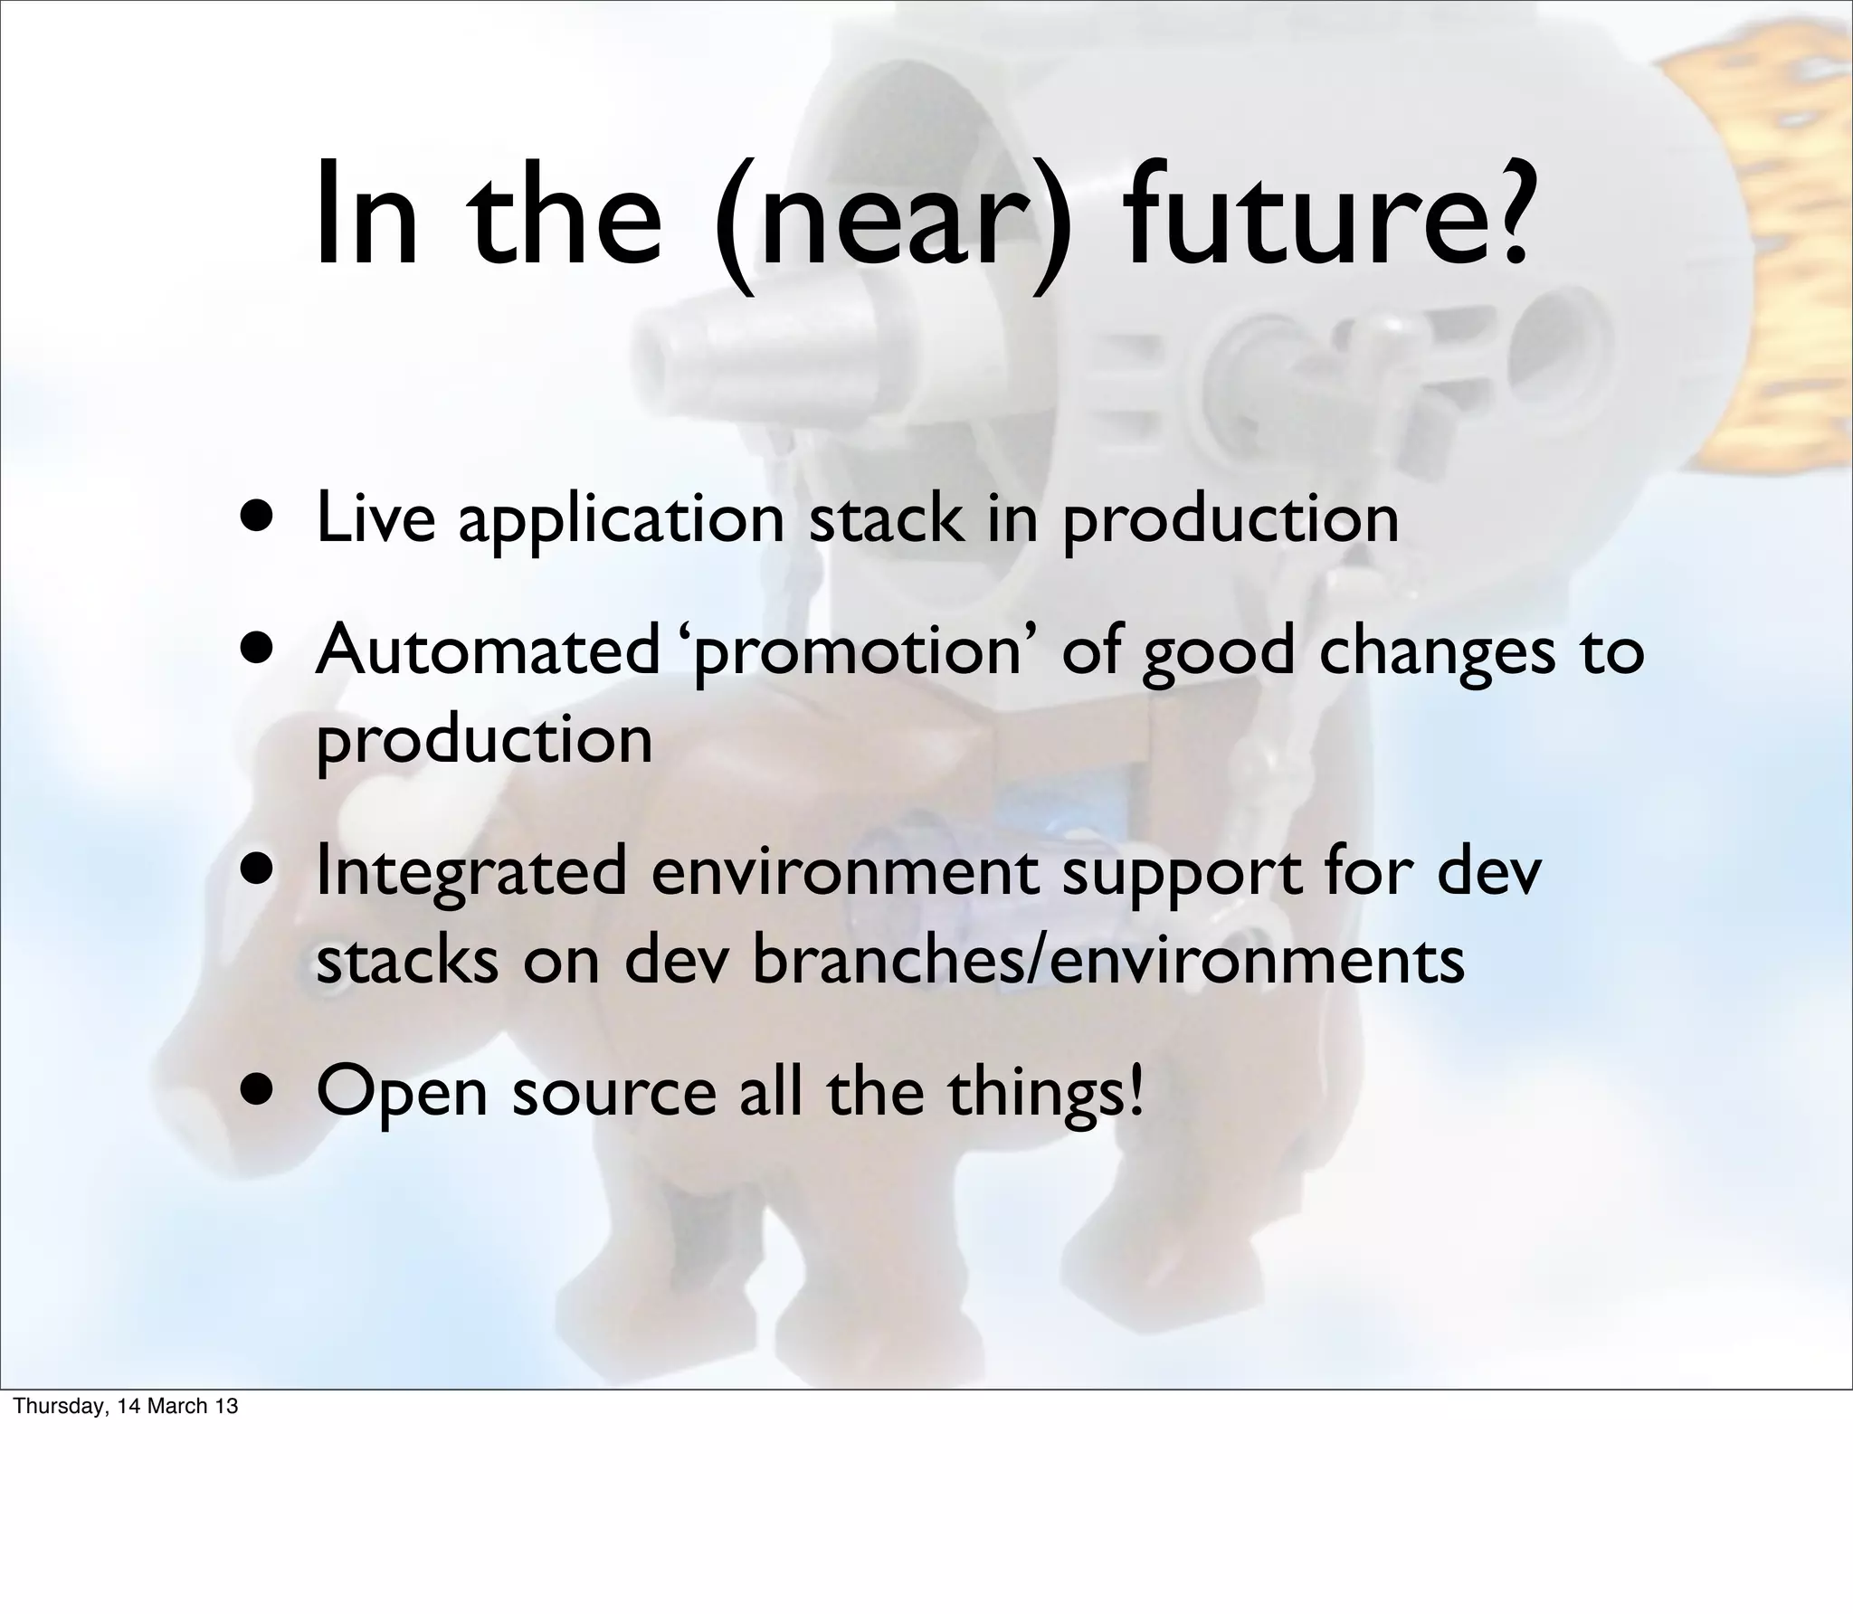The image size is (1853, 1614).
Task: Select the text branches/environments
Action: coord(1107,961)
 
